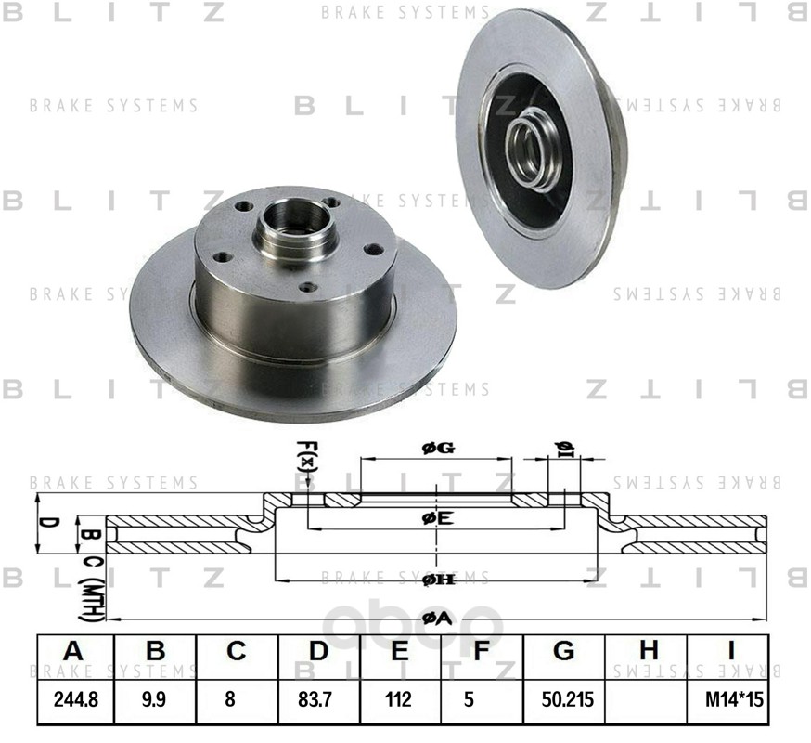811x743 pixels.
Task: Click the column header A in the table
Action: pyautogui.click(x=74, y=653)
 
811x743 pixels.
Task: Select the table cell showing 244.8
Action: pyautogui.click(x=74, y=701)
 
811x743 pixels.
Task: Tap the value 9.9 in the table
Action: pyautogui.click(x=155, y=701)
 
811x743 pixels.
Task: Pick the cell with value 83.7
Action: pyautogui.click(x=318, y=701)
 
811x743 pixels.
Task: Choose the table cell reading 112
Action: pyautogui.click(x=400, y=701)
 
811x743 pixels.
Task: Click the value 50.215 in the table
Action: pyautogui.click(x=563, y=701)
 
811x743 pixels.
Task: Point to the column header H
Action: pyautogui.click(x=646, y=653)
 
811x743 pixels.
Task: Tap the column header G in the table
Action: pyautogui.click(x=563, y=653)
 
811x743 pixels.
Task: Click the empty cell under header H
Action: pyautogui.click(x=646, y=701)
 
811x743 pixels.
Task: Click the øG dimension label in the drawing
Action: pyautogui.click(x=436, y=449)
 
